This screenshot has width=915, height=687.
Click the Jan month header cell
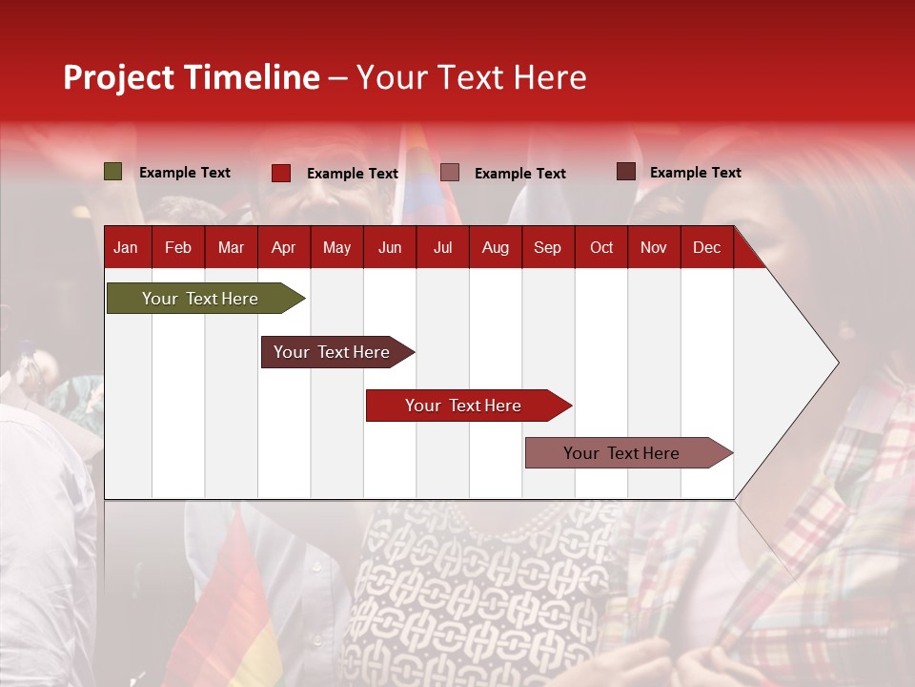click(x=126, y=247)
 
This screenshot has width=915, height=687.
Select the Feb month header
click(x=178, y=247)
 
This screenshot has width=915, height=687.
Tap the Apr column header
click(x=283, y=247)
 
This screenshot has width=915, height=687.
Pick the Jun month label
click(x=390, y=247)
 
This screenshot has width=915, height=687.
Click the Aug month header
click(x=496, y=247)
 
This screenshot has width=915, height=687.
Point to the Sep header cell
click(x=547, y=247)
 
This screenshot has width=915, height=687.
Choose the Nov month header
click(x=654, y=247)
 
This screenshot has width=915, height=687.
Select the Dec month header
click(x=706, y=247)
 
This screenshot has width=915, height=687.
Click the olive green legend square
click(x=113, y=172)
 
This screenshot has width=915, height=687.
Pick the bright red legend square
click(x=281, y=173)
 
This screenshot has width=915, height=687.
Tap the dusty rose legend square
click(x=450, y=173)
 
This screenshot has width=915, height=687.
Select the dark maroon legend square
click(x=625, y=172)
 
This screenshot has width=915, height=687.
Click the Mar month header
click(x=231, y=247)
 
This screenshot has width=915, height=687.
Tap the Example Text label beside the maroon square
click(x=695, y=172)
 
